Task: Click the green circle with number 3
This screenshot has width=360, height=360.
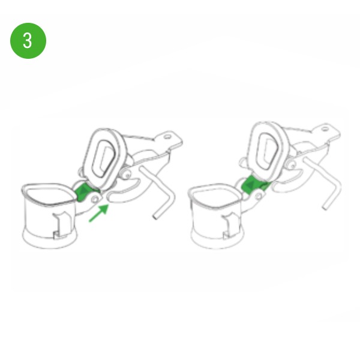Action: [28, 41]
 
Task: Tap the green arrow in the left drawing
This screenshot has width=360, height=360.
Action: [99, 213]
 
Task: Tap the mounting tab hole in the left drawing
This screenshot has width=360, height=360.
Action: [168, 137]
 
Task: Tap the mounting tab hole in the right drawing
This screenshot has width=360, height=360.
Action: [325, 129]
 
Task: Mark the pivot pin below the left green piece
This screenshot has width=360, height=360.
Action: [95, 199]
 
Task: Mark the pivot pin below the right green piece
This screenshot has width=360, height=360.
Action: [259, 196]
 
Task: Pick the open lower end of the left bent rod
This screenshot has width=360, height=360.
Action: [155, 217]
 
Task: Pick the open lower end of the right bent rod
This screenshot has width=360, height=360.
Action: [325, 208]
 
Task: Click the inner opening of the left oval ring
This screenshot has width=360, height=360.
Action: [104, 158]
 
